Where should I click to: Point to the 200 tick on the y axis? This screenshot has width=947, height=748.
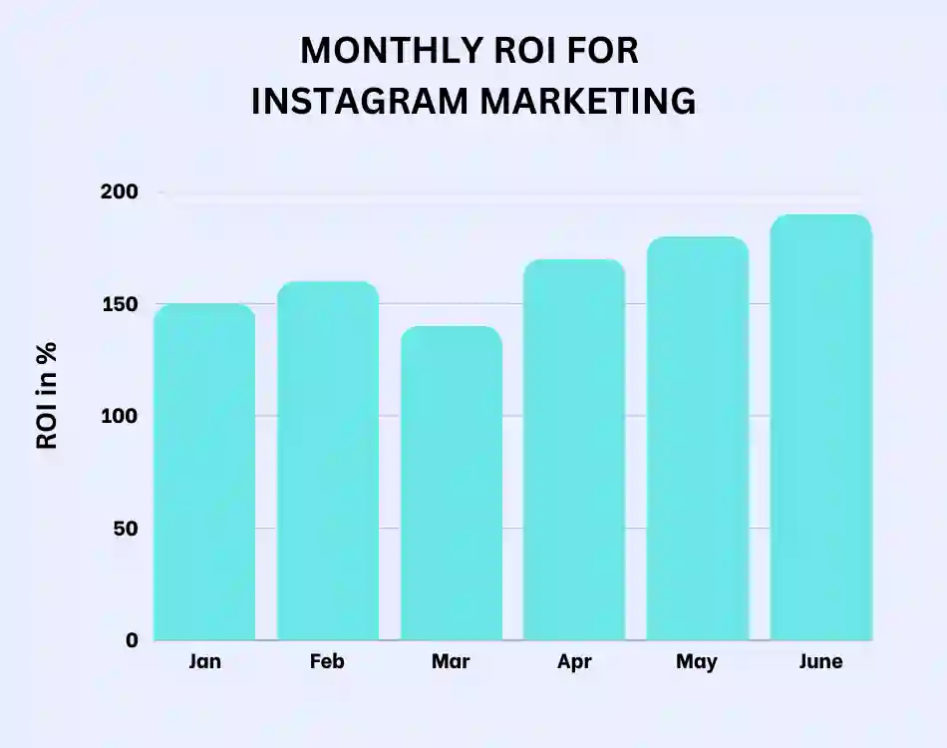coord(119,191)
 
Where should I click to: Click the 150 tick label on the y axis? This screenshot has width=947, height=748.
coord(119,304)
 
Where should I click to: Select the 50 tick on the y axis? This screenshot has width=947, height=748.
coord(125,529)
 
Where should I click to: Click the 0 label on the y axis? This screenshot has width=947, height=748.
coord(132,640)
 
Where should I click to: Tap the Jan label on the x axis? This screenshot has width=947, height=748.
coord(204,662)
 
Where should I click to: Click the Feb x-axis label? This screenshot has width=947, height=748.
coord(328,662)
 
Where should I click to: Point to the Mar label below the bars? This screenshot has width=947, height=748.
coord(452,662)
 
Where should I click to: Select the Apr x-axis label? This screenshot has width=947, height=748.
coord(574,662)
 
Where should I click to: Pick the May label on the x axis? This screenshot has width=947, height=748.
coord(697,662)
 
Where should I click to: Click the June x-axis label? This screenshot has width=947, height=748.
coord(820,662)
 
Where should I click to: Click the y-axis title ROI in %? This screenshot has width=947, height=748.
coord(47,396)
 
